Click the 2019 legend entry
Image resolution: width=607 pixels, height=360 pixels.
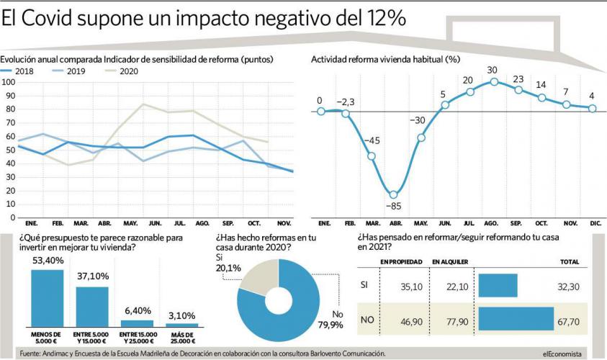(75, 71)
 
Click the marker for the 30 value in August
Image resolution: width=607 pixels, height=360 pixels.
(494, 81)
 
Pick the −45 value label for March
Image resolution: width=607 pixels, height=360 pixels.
(372, 140)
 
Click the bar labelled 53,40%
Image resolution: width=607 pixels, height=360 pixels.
(48, 298)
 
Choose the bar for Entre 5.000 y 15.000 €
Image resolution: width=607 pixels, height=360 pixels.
(91, 307)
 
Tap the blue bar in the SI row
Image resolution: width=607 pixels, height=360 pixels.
(498, 286)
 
